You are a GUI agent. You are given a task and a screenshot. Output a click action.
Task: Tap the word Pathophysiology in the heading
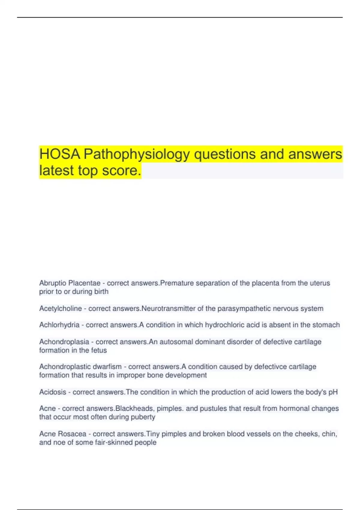[137, 154]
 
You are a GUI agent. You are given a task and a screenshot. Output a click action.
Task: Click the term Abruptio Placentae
[70, 283]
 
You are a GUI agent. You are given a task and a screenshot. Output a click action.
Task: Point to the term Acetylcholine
[60, 308]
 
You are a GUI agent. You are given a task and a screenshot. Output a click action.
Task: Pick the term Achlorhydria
[59, 325]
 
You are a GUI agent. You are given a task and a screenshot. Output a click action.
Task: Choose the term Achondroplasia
[64, 342]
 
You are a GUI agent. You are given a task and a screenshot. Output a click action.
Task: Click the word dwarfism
[107, 367]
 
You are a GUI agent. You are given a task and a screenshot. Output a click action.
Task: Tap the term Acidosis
[52, 392]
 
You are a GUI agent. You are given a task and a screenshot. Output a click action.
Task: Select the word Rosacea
[72, 434]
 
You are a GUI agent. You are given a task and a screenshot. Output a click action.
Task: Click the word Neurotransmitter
[168, 308]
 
